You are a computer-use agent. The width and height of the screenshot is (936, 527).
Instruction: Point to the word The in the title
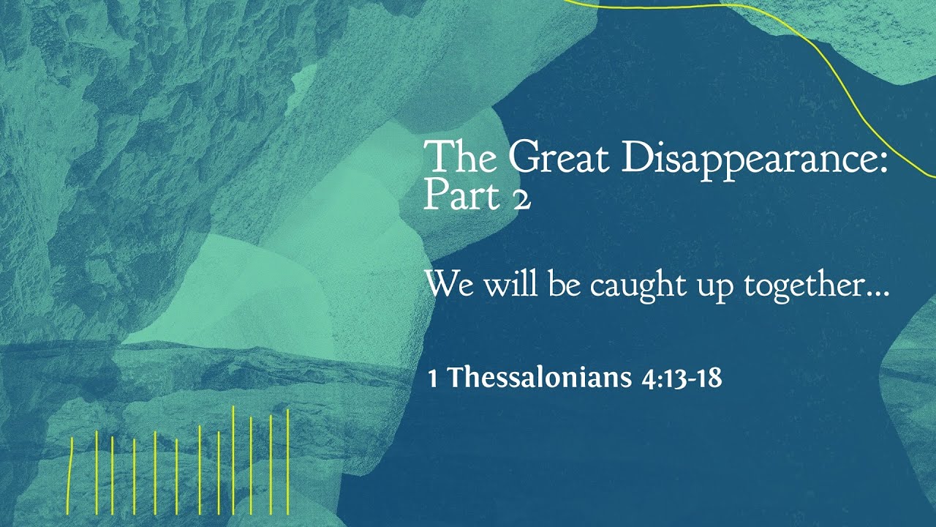[461, 157]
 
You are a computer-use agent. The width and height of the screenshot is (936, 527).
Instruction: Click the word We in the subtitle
[448, 284]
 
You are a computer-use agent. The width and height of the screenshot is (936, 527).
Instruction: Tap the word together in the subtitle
[799, 285]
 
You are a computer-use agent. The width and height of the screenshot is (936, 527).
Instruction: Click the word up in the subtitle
[715, 287]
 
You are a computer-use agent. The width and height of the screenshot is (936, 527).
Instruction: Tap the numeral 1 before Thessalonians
[433, 379]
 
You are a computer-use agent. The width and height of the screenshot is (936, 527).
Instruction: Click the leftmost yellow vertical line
[70, 474]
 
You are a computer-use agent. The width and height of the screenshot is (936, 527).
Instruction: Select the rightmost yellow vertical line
[288, 461]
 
